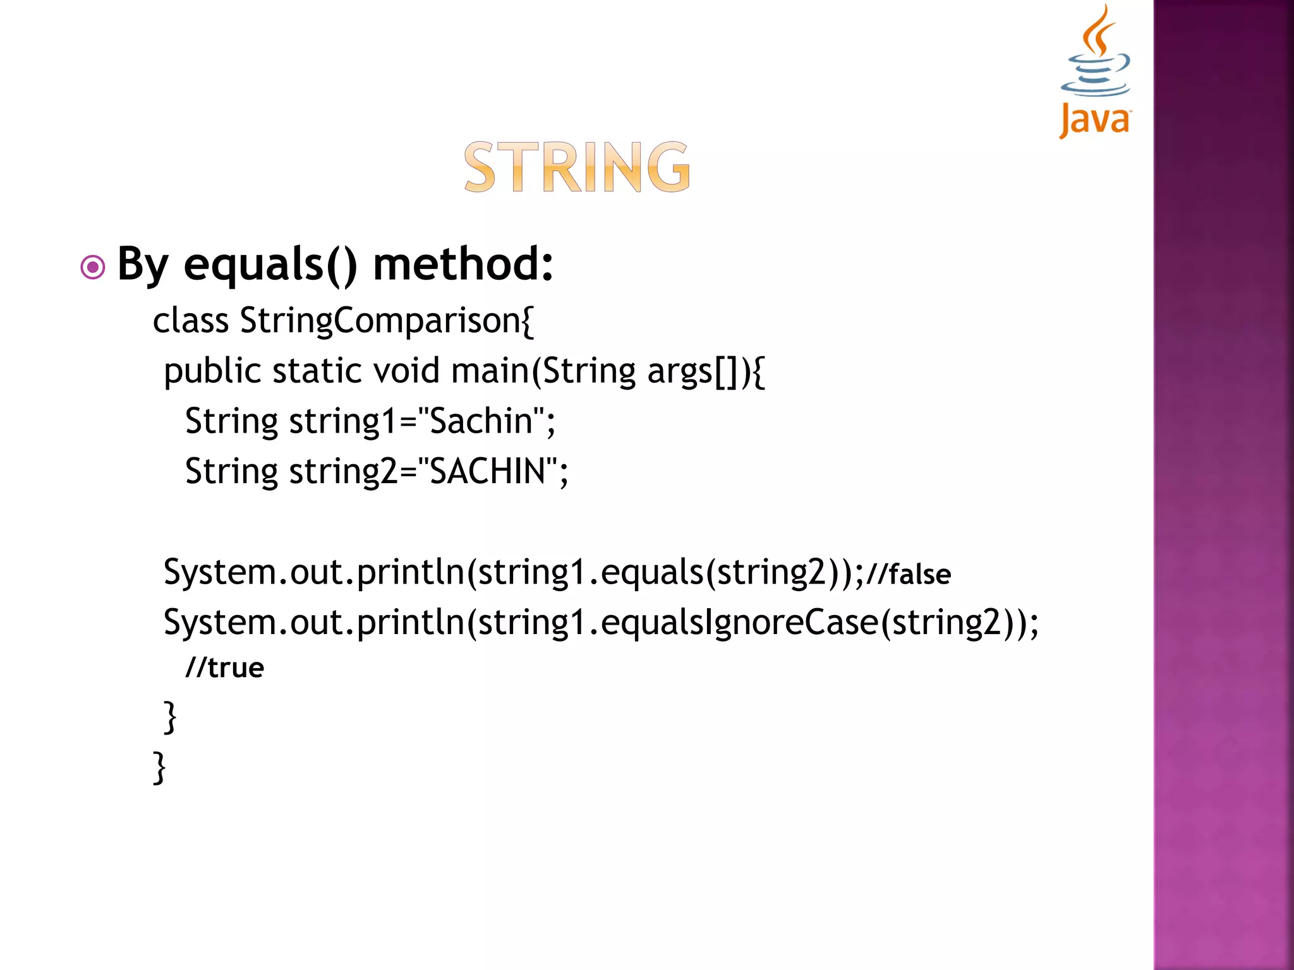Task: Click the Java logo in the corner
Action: click(1095, 73)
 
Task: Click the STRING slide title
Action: click(577, 167)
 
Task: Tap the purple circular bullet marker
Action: click(93, 267)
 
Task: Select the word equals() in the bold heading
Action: click(270, 265)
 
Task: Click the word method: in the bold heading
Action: click(463, 263)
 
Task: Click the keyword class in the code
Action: click(190, 321)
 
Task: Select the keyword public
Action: click(212, 371)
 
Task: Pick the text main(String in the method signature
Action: click(543, 371)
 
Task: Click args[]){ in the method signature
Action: click(706, 371)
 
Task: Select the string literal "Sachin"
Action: click(481, 421)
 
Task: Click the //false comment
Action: click(909, 574)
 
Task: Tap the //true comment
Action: click(224, 668)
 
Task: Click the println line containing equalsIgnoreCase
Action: click(600, 623)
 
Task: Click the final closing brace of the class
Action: click(159, 767)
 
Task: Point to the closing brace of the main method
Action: click(169, 717)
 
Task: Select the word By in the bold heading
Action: click(143, 265)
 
